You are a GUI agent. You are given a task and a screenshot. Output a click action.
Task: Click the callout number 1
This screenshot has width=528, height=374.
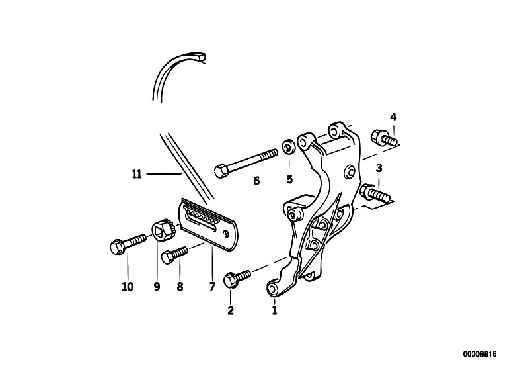(x=274, y=310)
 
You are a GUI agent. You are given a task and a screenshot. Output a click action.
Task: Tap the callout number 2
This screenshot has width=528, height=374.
(x=231, y=310)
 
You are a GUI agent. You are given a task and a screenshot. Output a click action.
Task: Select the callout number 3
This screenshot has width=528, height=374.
(x=379, y=168)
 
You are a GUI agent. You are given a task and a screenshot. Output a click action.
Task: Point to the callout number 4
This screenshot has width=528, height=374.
(x=393, y=117)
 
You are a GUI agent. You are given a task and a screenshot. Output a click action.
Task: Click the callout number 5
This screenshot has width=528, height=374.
(x=289, y=179)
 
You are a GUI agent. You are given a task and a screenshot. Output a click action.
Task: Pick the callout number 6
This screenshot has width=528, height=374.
(x=256, y=181)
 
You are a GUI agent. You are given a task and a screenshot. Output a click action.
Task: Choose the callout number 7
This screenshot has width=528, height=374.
(x=212, y=287)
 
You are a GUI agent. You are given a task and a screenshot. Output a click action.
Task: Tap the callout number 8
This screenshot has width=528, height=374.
(x=180, y=287)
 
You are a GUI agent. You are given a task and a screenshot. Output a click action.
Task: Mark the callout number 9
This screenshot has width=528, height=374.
(x=157, y=287)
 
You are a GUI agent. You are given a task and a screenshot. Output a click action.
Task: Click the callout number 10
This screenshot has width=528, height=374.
(x=128, y=287)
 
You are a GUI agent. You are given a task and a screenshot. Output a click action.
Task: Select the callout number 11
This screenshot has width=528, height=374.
(x=137, y=175)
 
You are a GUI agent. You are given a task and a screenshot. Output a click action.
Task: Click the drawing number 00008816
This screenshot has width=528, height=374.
(x=480, y=354)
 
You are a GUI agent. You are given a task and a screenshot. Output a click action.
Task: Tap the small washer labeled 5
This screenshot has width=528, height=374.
(x=289, y=146)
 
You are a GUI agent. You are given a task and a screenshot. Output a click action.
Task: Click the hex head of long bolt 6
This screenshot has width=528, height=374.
(x=220, y=171)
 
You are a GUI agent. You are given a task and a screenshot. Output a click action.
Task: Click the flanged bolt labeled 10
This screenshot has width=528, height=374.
(x=128, y=242)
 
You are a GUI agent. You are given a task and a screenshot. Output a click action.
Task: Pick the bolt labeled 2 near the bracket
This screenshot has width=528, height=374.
(x=237, y=279)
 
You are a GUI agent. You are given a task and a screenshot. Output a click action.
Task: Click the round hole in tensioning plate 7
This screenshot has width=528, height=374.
(x=227, y=233)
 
